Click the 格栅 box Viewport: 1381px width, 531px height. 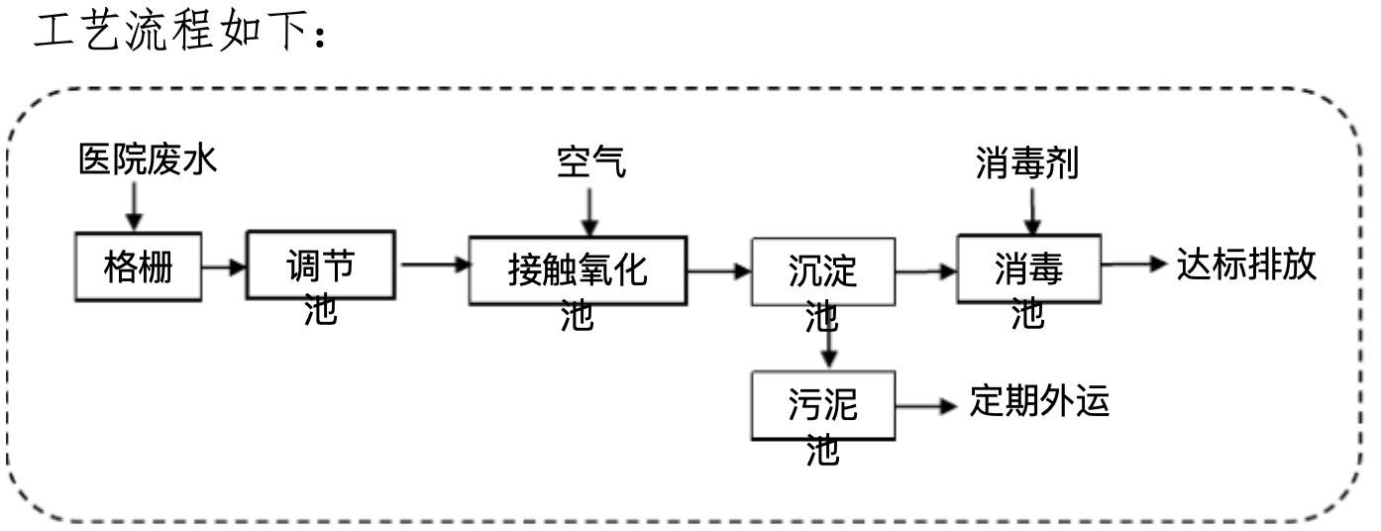click(x=138, y=267)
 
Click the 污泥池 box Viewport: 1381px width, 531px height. click(x=822, y=405)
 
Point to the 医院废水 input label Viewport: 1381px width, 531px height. click(x=147, y=161)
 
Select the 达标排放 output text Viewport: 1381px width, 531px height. click(x=1246, y=265)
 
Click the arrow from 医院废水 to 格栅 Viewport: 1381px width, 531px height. click(x=135, y=205)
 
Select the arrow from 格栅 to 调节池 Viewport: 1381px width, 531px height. click(x=223, y=266)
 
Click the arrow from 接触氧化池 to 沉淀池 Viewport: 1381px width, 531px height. click(x=718, y=269)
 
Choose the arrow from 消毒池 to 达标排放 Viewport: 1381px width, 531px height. click(x=1135, y=265)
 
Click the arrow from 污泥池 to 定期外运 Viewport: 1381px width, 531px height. click(x=926, y=405)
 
